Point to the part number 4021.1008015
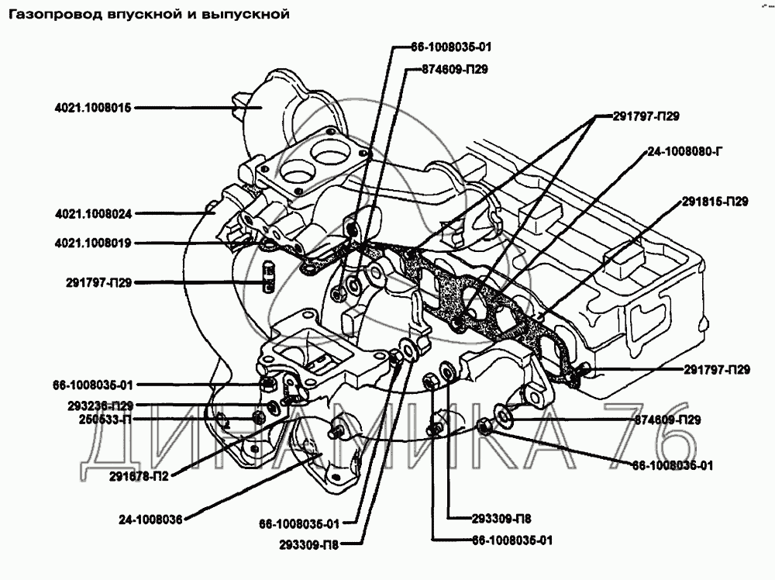coord(95,109)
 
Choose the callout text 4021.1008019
coord(95,243)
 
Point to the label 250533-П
coord(98,419)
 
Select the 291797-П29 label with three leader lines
coord(647,117)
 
